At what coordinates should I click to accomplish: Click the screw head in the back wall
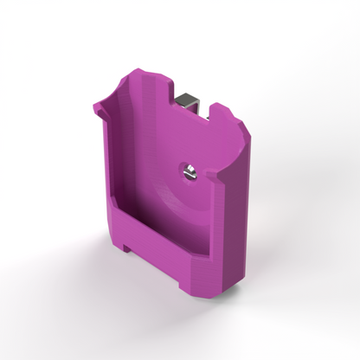(189, 172)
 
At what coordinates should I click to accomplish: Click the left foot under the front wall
(128, 248)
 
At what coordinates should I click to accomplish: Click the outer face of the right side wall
(234, 225)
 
